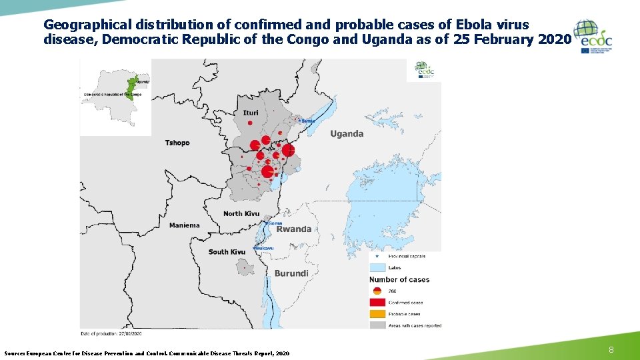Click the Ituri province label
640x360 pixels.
(251, 113)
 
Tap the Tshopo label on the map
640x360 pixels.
(177, 143)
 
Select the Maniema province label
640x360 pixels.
(184, 225)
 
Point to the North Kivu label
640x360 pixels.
(241, 213)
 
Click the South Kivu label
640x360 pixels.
(227, 252)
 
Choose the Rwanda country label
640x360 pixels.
(294, 229)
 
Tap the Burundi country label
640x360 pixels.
(291, 273)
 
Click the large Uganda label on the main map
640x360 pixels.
(347, 134)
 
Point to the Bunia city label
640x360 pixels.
(307, 121)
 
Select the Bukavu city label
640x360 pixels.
(265, 249)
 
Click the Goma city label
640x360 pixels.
(274, 223)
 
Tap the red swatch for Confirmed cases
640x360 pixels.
(377, 303)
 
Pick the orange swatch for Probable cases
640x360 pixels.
(377, 314)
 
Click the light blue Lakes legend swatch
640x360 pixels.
(377, 268)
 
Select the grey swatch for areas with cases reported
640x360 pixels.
(377, 325)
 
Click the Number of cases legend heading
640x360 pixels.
(399, 279)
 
